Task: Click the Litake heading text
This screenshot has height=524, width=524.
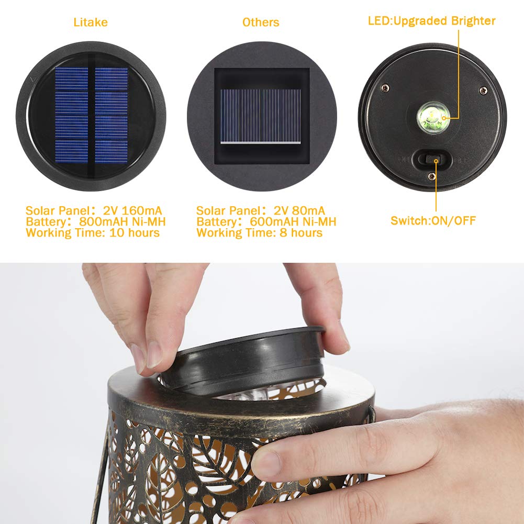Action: (x=90, y=22)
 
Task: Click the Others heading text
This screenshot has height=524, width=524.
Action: (x=260, y=22)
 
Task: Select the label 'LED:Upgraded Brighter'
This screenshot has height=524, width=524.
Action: (x=431, y=21)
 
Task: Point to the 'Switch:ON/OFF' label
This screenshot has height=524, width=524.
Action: (x=433, y=220)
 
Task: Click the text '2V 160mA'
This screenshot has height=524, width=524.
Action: (x=133, y=210)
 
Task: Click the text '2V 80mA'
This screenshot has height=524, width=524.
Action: (x=302, y=210)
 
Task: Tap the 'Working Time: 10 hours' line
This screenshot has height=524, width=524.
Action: (x=93, y=232)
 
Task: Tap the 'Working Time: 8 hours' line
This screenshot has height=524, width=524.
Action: (x=259, y=232)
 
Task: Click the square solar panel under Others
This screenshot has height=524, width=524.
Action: (x=261, y=116)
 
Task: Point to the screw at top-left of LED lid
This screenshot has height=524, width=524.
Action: (x=385, y=87)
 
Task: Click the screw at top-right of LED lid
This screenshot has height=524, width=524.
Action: (x=482, y=91)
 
